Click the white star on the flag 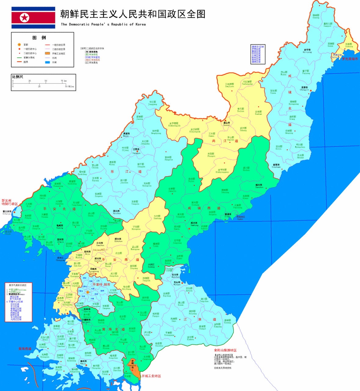(x=24, y=18)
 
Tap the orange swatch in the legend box (x=47, y=53)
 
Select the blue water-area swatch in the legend (x=47, y=62)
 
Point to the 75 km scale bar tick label (x=64, y=81)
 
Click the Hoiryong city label (x=307, y=51)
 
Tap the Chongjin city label (x=304, y=89)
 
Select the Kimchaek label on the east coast (x=276, y=166)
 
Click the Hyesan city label (x=227, y=124)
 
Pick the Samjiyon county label (x=230, y=85)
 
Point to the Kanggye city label (x=136, y=151)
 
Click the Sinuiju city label (x=7, y=212)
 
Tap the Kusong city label (x=60, y=227)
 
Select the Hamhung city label (x=194, y=224)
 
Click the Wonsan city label (x=177, y=283)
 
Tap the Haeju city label (x=83, y=362)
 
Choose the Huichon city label (x=117, y=212)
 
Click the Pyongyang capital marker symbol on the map (x=88, y=292)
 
